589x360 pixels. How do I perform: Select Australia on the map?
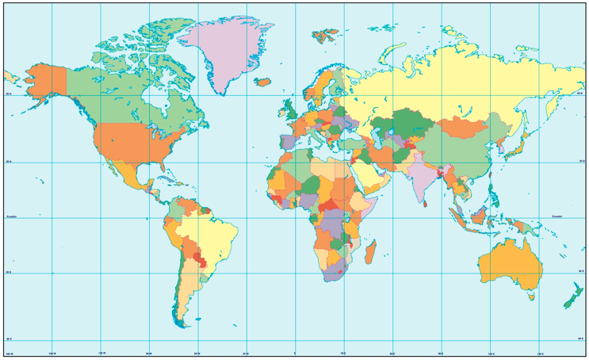point(508,265)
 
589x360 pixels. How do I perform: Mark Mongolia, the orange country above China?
point(461,126)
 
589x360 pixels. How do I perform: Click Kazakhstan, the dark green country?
point(400,125)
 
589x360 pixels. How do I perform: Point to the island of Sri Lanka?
point(427,201)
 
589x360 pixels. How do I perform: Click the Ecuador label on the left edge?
point(11,216)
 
